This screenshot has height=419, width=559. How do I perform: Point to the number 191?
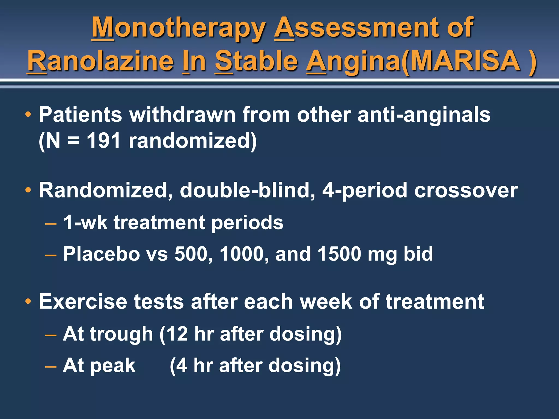(x=103, y=141)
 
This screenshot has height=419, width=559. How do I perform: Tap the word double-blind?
(x=247, y=190)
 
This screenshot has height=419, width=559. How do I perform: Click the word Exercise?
(x=83, y=302)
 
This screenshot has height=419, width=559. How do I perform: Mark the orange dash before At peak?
(x=51, y=366)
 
